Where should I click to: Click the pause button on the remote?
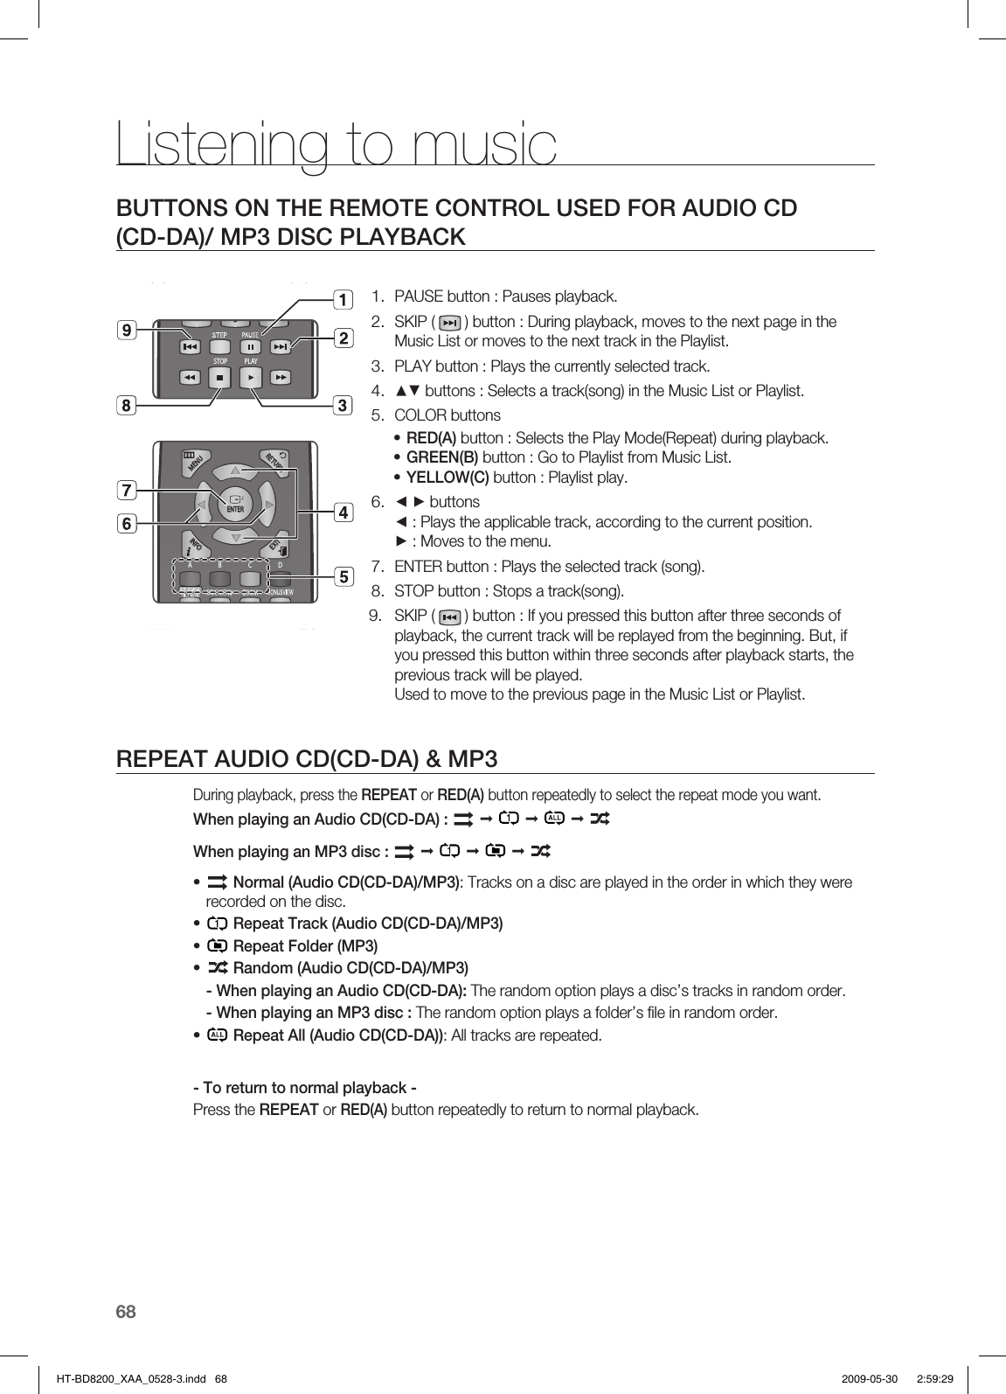click(x=250, y=347)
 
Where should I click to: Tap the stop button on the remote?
click(x=220, y=378)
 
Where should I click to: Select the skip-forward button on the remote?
click(x=281, y=347)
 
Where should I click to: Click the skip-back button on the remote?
click(x=190, y=347)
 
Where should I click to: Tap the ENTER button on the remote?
click(x=234, y=505)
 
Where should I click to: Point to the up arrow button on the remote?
click(x=234, y=472)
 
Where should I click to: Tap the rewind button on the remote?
click(x=190, y=378)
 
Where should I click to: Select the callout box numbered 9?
click(x=128, y=331)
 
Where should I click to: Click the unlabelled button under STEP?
click(x=220, y=347)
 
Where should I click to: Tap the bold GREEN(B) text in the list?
click(x=442, y=457)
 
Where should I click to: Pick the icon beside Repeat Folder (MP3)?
click(x=218, y=945)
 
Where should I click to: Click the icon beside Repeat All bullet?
click(x=218, y=1035)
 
